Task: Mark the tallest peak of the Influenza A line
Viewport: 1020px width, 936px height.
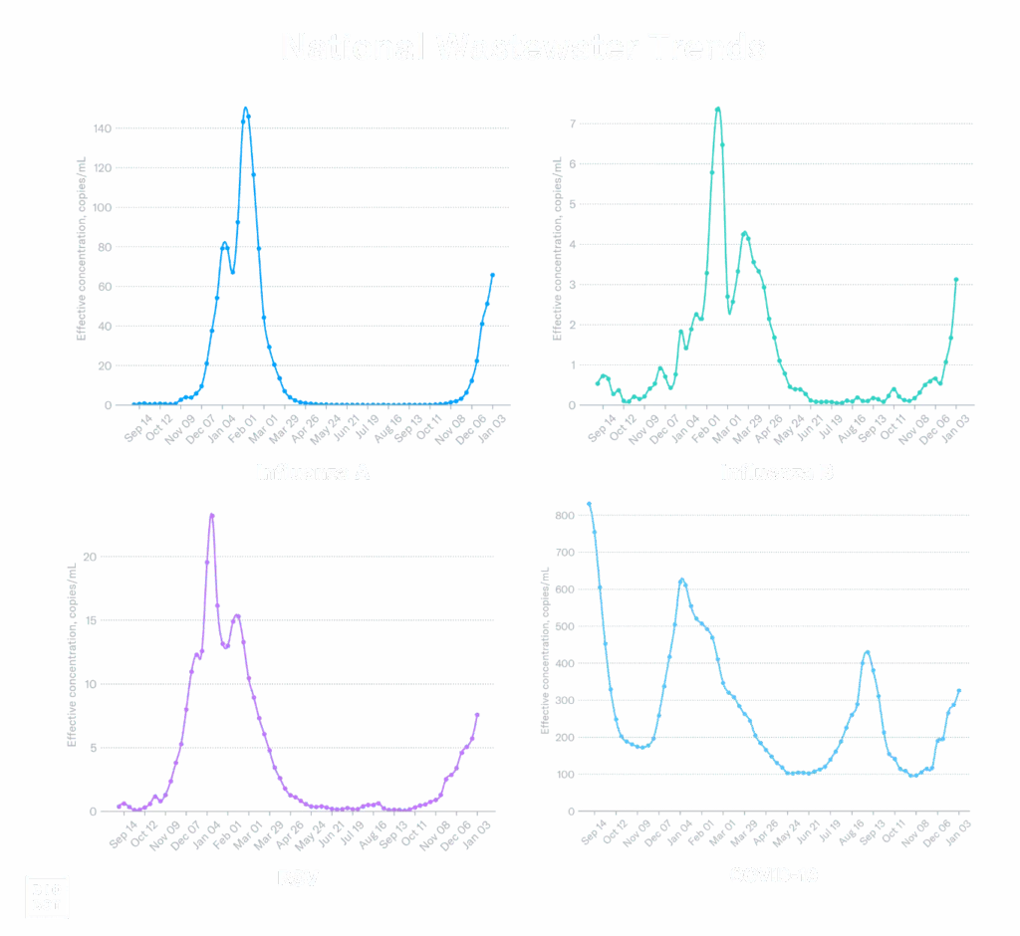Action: [246, 109]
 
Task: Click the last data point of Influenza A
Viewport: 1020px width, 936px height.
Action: [492, 275]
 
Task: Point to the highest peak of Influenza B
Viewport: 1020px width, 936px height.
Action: [717, 108]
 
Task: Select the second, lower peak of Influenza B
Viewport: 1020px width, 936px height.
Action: [744, 232]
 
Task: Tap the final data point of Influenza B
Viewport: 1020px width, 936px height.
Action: [957, 280]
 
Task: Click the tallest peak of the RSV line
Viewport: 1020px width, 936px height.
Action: [211, 516]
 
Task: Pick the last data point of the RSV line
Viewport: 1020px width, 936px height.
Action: [477, 715]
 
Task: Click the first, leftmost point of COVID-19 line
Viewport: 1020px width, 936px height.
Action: [590, 504]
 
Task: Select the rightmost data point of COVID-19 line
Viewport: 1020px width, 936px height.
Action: [959, 689]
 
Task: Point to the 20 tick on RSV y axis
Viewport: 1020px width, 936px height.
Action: [90, 557]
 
